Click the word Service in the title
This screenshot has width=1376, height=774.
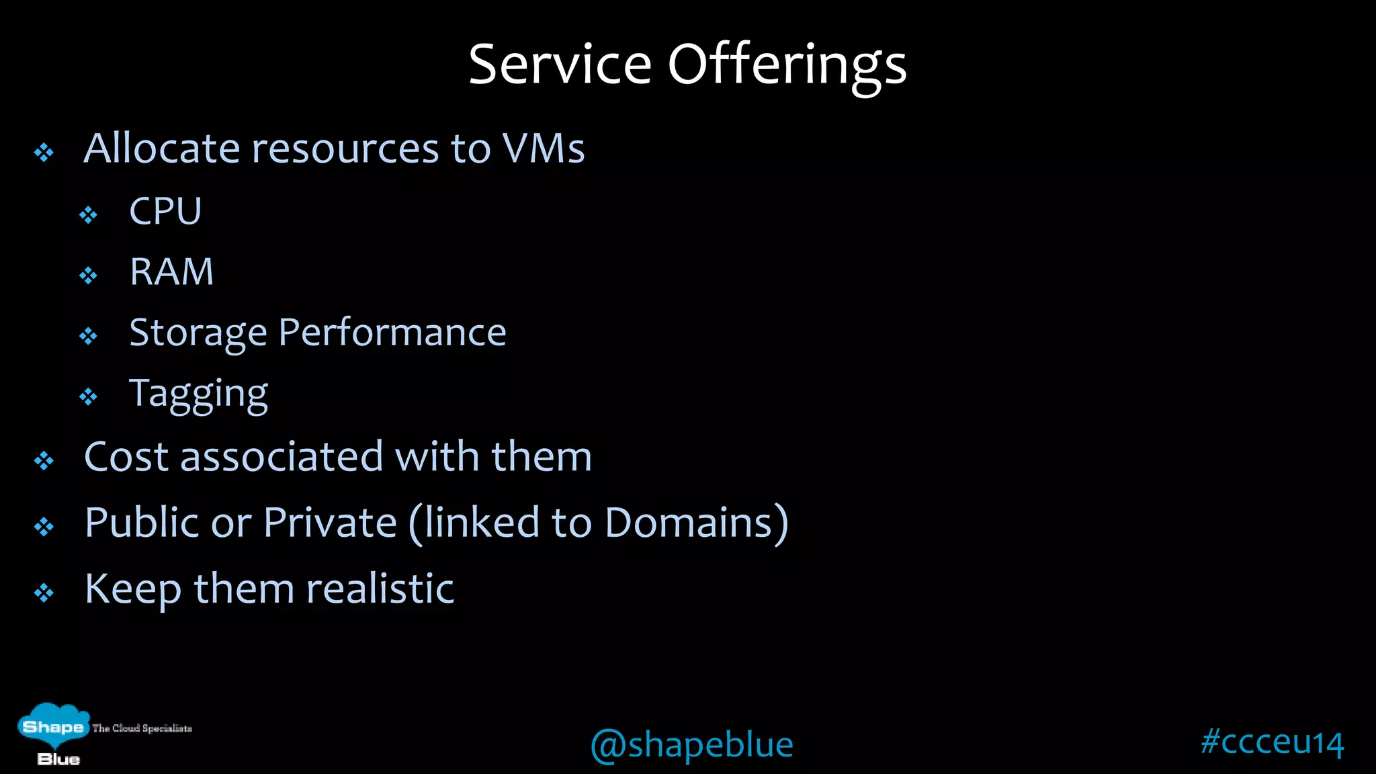click(x=560, y=64)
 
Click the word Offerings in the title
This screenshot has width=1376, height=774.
click(x=787, y=66)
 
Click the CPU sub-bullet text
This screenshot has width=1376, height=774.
click(x=165, y=211)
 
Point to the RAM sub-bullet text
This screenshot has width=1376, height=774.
click(x=171, y=271)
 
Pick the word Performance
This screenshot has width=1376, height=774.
click(x=392, y=332)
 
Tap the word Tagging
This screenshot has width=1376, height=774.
click(x=198, y=394)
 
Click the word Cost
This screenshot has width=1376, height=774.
click(x=126, y=457)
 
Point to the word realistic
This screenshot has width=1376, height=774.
click(x=380, y=589)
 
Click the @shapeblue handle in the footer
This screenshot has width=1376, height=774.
click(x=691, y=744)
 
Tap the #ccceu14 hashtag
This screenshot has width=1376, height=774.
click(x=1272, y=742)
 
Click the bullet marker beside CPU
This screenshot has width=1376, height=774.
click(x=88, y=215)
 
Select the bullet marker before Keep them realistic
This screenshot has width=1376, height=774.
click(x=44, y=593)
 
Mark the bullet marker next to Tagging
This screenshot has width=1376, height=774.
click(x=88, y=397)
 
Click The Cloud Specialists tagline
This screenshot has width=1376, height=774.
click(x=142, y=728)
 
